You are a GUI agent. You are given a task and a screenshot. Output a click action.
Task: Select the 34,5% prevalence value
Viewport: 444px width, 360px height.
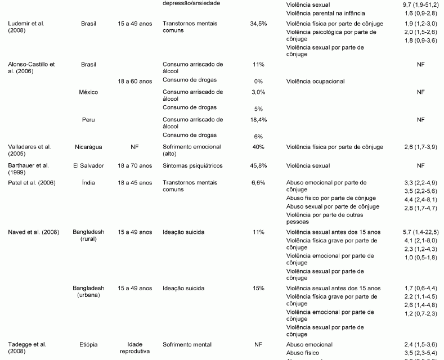258,24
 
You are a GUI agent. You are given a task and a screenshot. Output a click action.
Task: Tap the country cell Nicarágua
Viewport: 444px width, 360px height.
88,147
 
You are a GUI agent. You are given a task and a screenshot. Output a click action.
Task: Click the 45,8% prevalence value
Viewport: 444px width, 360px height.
258,165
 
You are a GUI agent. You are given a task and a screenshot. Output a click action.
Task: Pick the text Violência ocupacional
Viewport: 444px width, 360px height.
315,82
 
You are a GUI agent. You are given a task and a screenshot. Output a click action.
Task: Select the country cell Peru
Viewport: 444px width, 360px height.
88,120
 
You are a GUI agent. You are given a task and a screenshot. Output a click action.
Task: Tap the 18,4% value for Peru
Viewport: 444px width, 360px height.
258,120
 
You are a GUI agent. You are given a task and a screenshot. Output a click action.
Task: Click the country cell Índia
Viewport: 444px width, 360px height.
88,183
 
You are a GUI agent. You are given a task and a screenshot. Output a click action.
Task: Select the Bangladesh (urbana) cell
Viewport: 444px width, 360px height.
88,291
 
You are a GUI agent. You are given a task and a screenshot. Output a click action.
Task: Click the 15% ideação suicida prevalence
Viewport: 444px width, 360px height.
258,288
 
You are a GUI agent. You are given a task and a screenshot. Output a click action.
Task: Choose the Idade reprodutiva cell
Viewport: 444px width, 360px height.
135,347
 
